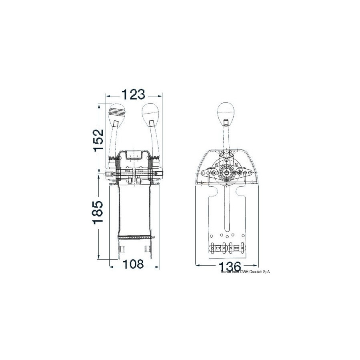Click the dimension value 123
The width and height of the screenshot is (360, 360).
click(133, 94)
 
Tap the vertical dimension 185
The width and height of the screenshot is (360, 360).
click(98, 212)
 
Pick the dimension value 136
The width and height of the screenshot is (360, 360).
click(230, 266)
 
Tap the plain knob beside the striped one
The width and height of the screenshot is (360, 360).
click(151, 114)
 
